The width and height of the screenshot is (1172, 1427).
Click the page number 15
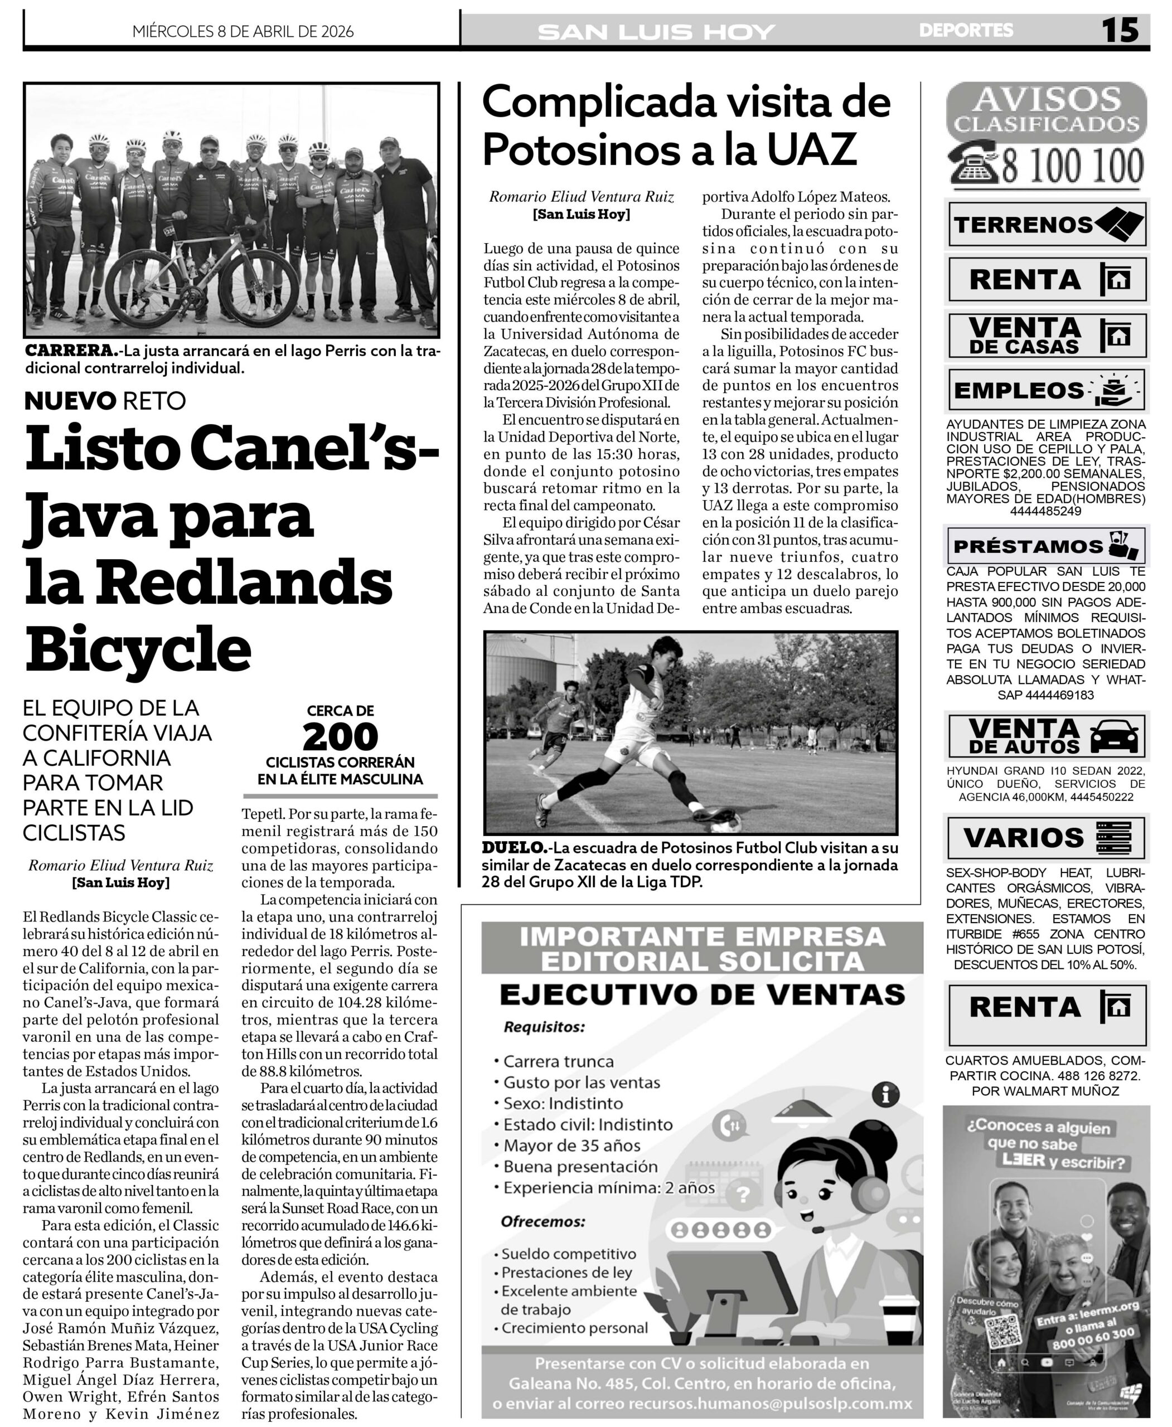click(1120, 30)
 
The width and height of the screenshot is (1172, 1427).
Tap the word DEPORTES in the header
click(965, 30)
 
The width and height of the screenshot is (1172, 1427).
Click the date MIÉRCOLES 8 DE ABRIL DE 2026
click(243, 32)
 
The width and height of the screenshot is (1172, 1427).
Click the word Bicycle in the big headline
click(138, 645)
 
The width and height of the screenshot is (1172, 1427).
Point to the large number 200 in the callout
click(340, 737)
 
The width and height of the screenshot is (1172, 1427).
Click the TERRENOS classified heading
click(1023, 225)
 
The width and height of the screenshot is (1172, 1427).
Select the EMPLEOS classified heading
click(1018, 390)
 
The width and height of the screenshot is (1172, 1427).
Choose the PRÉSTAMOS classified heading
click(1028, 545)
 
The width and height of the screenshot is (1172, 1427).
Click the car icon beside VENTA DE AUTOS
click(1114, 736)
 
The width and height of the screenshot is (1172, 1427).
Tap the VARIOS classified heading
click(1023, 838)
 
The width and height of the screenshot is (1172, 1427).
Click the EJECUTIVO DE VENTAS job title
click(701, 994)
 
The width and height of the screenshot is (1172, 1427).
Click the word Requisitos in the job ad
click(544, 1027)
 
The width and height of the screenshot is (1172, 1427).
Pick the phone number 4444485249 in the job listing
click(1045, 511)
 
